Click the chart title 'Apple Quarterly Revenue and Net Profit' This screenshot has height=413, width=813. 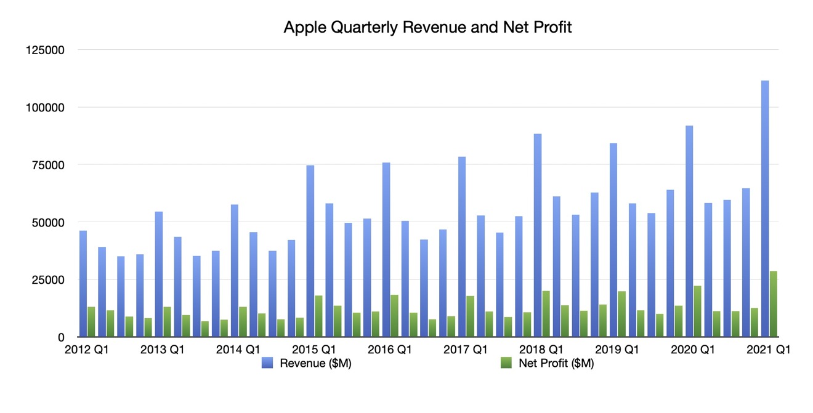427,28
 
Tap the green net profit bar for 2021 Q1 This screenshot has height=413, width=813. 774,304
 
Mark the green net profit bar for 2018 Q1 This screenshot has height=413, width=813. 546,314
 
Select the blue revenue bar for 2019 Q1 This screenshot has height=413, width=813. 613,240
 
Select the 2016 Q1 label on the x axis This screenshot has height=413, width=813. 389,350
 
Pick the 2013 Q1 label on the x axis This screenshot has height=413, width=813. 163,350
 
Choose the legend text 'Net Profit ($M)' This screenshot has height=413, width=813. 556,364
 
